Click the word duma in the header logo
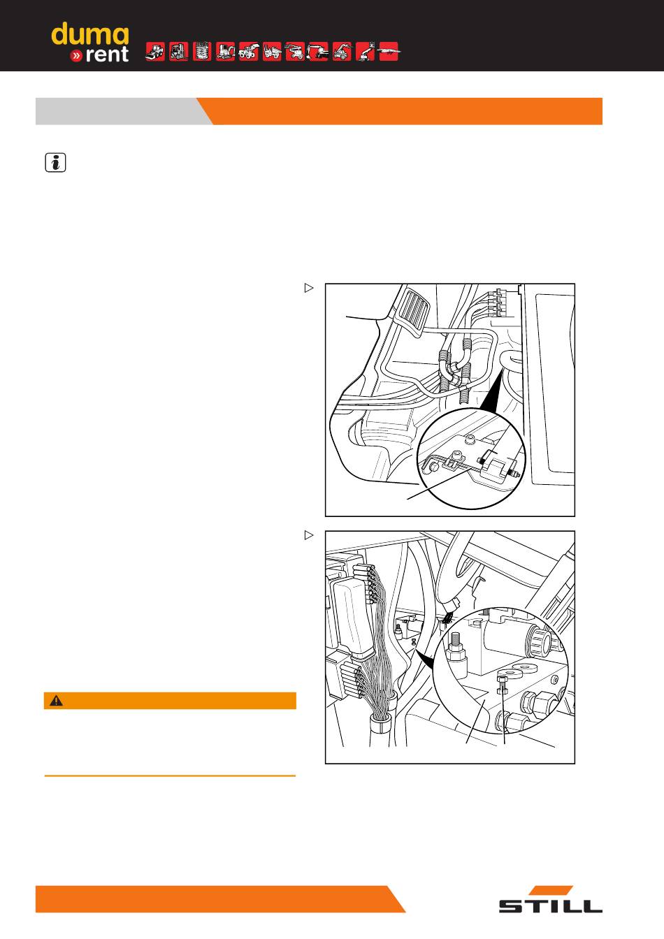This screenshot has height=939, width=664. click(89, 34)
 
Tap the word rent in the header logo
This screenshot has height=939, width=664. click(106, 54)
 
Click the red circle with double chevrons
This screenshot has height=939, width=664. click(76, 56)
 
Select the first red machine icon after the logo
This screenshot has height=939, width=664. click(154, 52)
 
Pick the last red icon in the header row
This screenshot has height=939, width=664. click(389, 52)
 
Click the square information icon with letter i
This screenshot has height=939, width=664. click(55, 163)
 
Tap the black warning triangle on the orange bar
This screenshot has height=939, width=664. click(56, 701)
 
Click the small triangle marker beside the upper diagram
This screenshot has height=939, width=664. click(309, 288)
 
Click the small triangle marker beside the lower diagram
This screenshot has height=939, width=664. click(309, 535)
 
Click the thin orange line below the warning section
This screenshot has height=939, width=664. click(171, 776)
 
